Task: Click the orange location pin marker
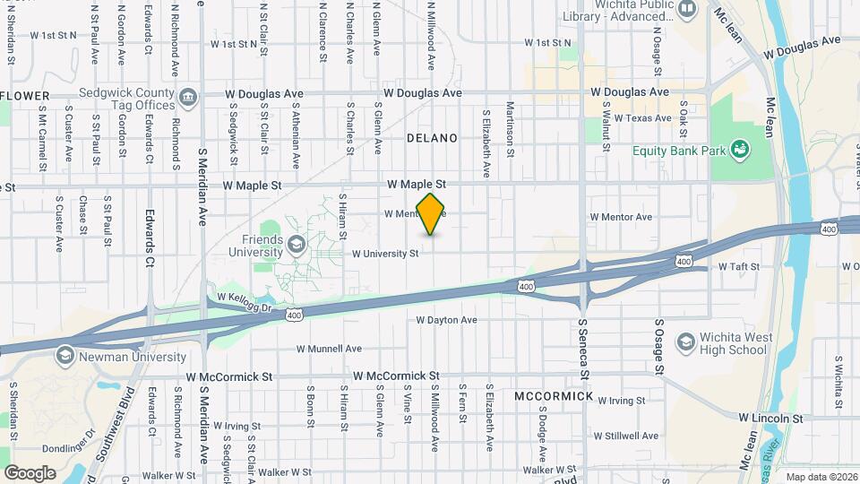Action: [x=431, y=214]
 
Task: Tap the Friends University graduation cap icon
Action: [x=295, y=245]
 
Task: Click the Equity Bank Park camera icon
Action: [x=740, y=149]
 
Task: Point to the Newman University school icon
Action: [x=64, y=355]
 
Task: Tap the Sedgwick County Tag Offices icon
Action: [x=188, y=97]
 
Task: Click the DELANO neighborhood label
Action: [x=432, y=138]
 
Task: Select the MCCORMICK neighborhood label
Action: [x=554, y=395]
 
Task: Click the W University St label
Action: [x=385, y=254]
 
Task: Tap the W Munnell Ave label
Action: [x=329, y=348]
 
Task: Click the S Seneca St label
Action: [x=582, y=350]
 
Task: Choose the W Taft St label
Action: [x=740, y=267]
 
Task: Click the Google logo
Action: [x=30, y=472]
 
